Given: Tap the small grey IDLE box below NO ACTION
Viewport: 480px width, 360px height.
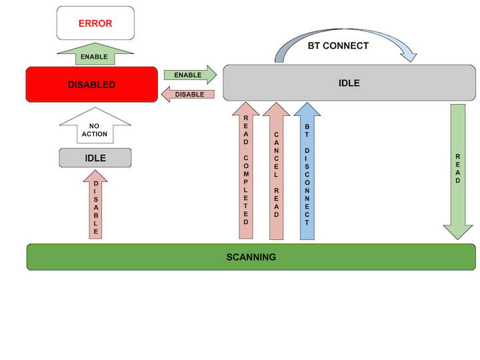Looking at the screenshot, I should tap(95, 158).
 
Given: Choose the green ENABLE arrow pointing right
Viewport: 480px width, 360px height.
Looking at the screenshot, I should tap(190, 75).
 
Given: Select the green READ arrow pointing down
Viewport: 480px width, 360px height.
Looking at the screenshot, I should tap(458, 167).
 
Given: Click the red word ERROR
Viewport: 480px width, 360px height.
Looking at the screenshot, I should tap(95, 23).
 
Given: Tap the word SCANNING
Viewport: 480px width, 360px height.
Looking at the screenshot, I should tap(251, 257).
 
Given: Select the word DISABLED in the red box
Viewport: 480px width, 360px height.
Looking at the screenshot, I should tap(92, 85).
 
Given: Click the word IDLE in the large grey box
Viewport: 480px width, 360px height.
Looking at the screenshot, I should tap(349, 83).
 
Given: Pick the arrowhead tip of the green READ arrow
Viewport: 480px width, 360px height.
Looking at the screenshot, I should tap(458, 238).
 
